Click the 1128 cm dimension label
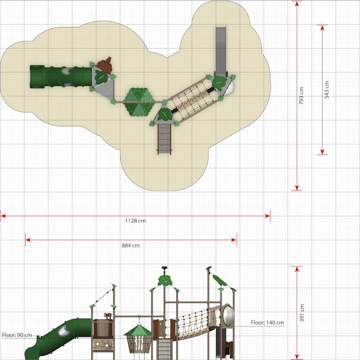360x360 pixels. (135, 221)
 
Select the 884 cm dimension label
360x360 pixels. (130, 245)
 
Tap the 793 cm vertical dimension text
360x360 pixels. (301, 96)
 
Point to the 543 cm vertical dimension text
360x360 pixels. (327, 90)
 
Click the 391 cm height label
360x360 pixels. (302, 313)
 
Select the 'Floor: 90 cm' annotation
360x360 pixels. (17, 335)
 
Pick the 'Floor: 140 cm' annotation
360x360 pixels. (267, 323)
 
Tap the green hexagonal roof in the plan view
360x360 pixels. (139, 102)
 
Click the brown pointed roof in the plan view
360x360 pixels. (105, 65)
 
